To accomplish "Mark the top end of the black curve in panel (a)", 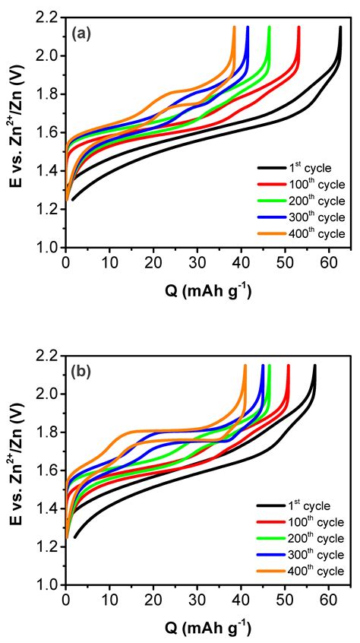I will pos(340,27).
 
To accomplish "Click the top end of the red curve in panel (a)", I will pos(298,27).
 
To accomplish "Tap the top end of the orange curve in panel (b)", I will pos(245,366).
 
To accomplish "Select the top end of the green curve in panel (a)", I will pos(270,27).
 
